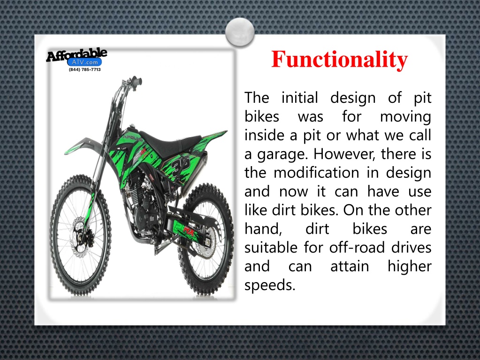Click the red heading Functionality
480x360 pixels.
click(339, 60)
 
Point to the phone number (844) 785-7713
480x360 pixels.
click(84, 69)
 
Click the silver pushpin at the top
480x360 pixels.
click(239, 32)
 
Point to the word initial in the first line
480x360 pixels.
click(299, 98)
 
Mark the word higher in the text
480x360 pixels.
click(409, 266)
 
